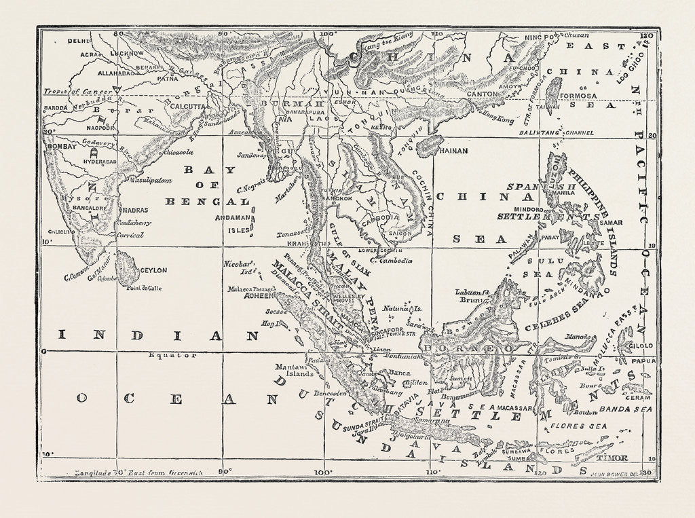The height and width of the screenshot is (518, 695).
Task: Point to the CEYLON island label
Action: point(153,270)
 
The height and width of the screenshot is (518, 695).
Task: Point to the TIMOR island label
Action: point(612,458)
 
